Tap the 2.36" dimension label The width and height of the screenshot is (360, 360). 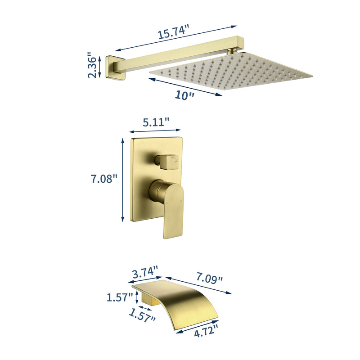(x=92, y=65)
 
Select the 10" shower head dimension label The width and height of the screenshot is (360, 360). (x=184, y=95)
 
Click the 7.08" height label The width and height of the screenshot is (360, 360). (x=104, y=179)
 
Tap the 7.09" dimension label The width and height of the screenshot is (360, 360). (x=209, y=277)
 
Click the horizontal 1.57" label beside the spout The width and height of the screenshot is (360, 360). (x=120, y=297)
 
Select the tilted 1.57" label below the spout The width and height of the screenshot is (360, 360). (x=142, y=315)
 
